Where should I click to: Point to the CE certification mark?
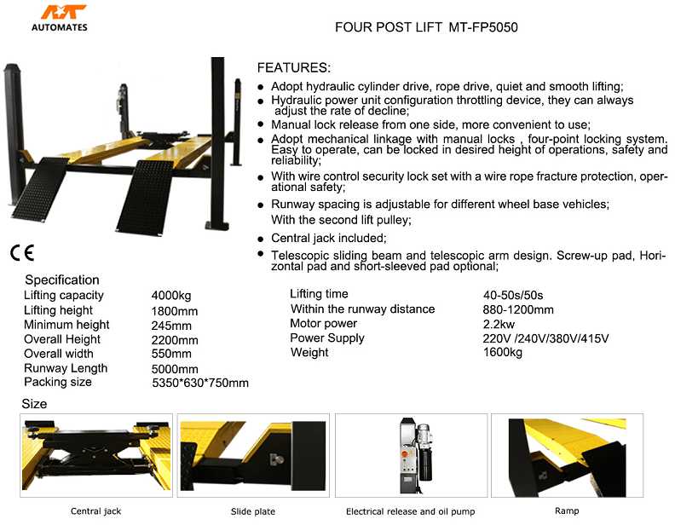click(x=22, y=253)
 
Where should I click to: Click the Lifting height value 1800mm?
click(x=174, y=311)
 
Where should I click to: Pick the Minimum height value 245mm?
click(x=171, y=326)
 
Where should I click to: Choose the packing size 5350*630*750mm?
click(x=199, y=384)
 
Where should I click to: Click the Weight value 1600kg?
click(x=502, y=353)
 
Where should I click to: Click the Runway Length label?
click(x=66, y=368)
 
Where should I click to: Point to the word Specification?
click(x=62, y=280)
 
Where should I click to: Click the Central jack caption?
click(x=95, y=511)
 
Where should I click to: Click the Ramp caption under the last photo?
click(x=567, y=511)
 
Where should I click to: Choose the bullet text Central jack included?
click(x=328, y=239)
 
